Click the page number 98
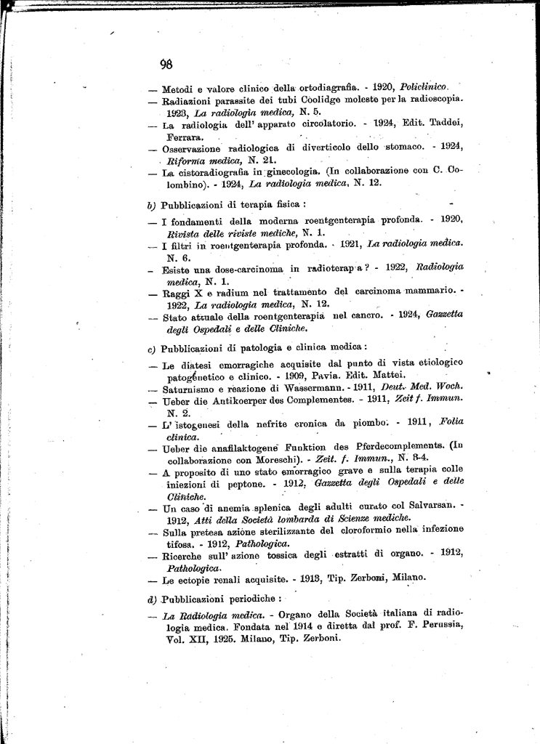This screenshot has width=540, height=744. [166, 63]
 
